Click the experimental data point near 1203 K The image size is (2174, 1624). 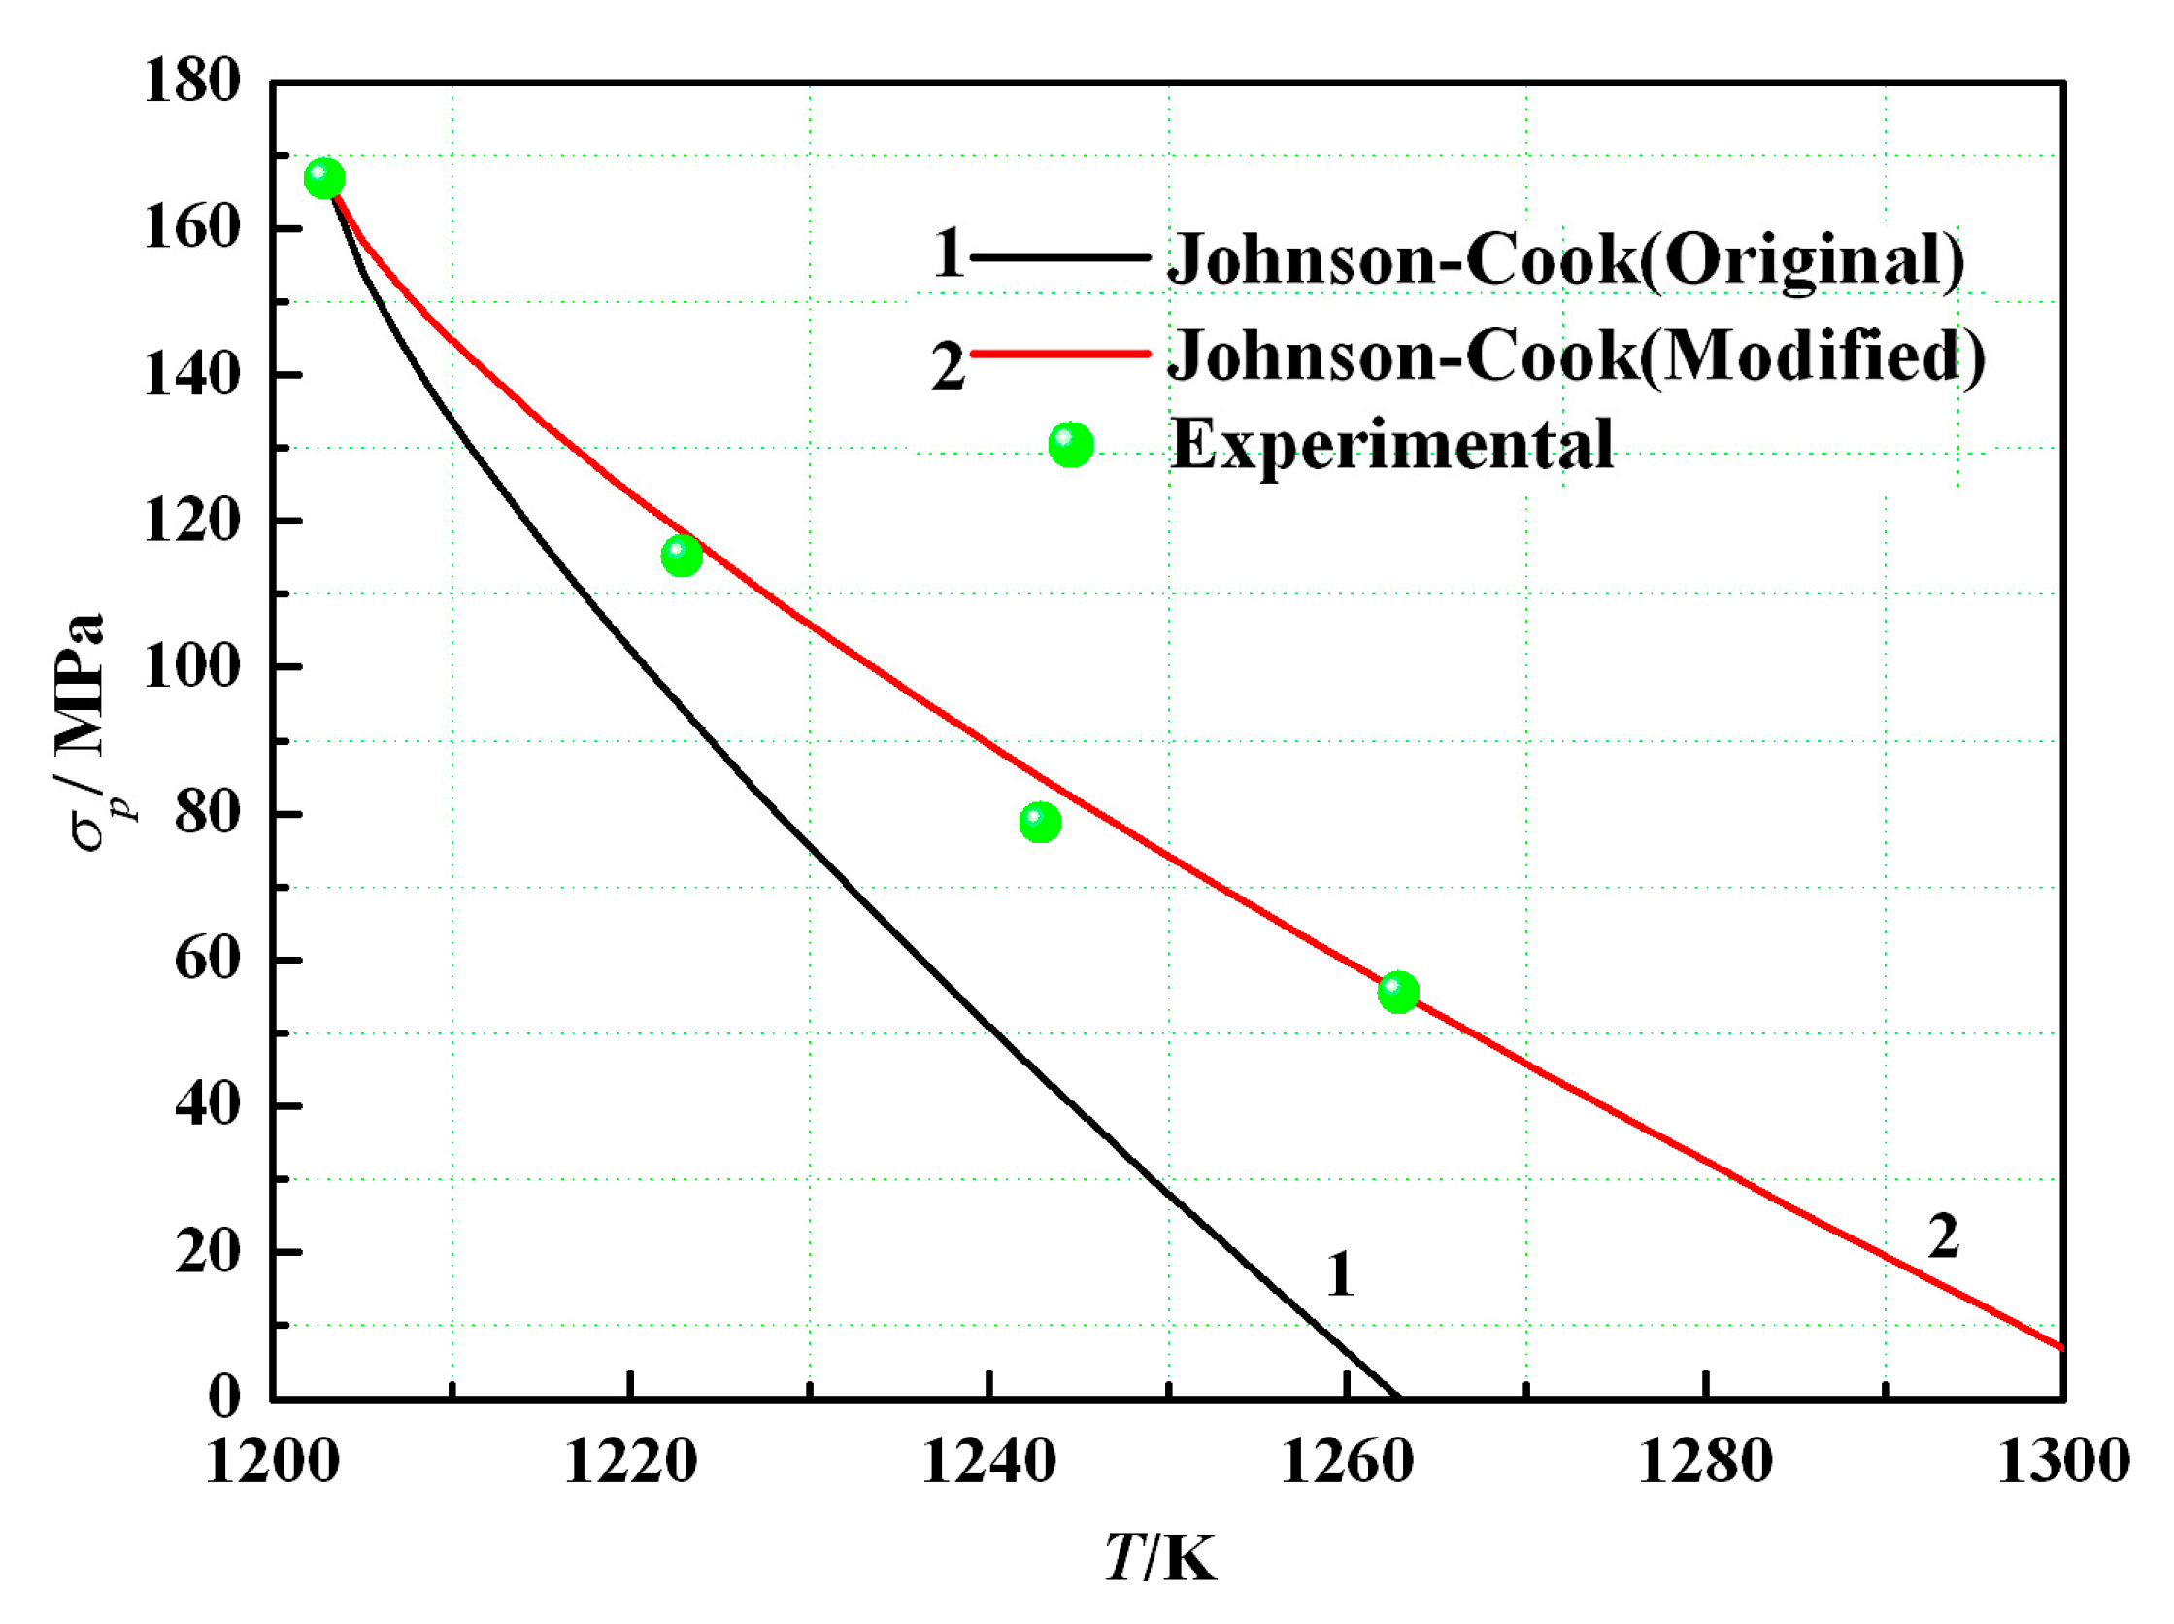324,178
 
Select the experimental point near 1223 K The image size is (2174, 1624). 682,556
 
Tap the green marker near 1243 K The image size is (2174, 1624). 1040,821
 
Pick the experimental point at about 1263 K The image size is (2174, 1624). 1397,992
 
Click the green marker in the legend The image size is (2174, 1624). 1070,445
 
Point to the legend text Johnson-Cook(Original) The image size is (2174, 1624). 1564,259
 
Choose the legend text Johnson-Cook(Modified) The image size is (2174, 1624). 1576,354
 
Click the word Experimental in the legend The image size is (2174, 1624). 1391,444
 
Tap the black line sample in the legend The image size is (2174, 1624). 1059,257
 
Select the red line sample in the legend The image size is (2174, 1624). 1059,353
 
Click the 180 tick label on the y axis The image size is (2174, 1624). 192,81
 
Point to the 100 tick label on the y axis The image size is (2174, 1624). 192,667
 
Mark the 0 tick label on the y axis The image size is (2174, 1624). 224,1397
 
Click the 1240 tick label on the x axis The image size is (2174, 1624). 987,1462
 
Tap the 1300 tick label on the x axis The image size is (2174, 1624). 2063,1462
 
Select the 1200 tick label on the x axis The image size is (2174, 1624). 272,1462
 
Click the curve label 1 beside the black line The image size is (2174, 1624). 1341,1275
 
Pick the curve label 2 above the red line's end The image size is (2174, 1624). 1943,1235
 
